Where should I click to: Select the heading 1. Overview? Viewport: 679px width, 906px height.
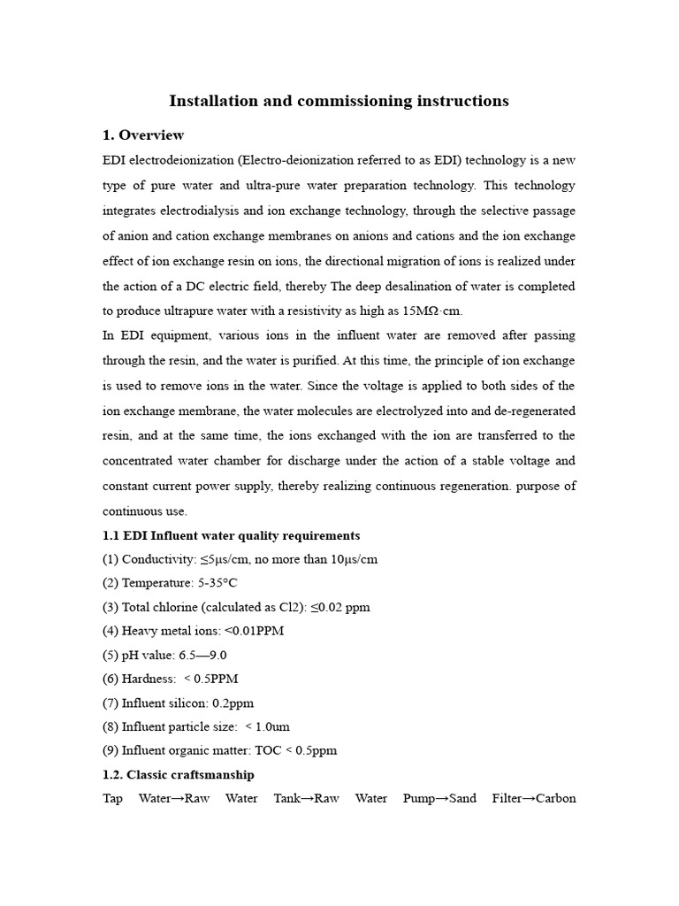pos(143,135)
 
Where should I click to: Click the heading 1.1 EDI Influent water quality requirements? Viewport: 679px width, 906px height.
pos(231,535)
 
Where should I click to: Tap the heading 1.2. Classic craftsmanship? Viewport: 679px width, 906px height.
pos(178,774)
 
